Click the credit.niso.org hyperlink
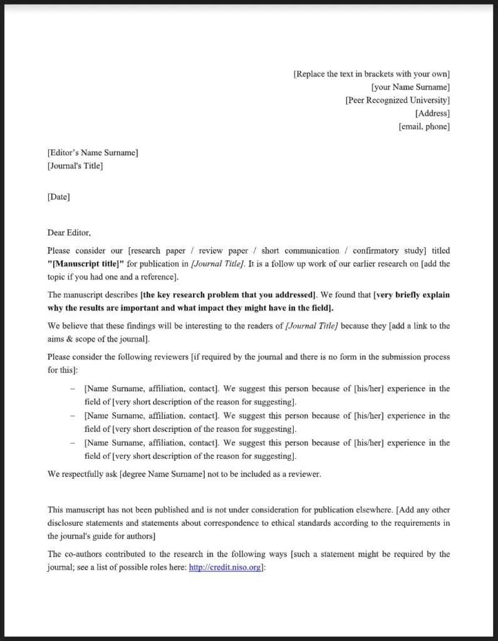[225, 568]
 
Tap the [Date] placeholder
[59, 197]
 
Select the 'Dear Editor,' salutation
[69, 233]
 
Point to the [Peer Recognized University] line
[397, 100]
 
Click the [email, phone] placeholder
[424, 126]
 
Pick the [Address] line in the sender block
[432, 113]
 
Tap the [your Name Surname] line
[410, 87]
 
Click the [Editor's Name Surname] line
[93, 152]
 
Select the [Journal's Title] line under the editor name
[75, 166]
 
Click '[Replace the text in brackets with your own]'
[371, 74]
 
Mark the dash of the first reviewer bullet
[73, 389]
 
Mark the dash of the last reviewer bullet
[73, 443]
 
